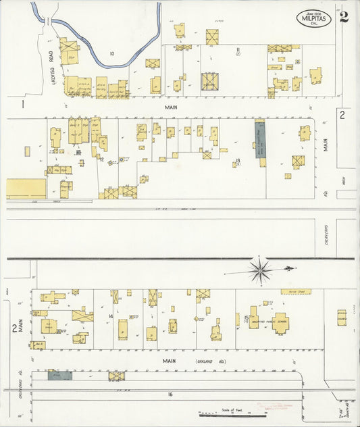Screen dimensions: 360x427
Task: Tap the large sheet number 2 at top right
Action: point(344,17)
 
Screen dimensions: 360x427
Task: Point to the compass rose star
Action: point(260,270)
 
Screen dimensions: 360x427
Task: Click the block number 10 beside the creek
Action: point(111,53)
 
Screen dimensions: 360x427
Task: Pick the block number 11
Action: point(238,49)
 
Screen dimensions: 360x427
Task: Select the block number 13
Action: point(238,160)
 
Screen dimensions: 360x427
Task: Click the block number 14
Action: point(110,316)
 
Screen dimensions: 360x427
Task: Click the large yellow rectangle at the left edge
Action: point(26,189)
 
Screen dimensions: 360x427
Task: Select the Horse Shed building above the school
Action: point(296,292)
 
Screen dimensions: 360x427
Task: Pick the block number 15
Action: point(247,316)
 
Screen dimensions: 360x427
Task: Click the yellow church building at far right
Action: point(342,317)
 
